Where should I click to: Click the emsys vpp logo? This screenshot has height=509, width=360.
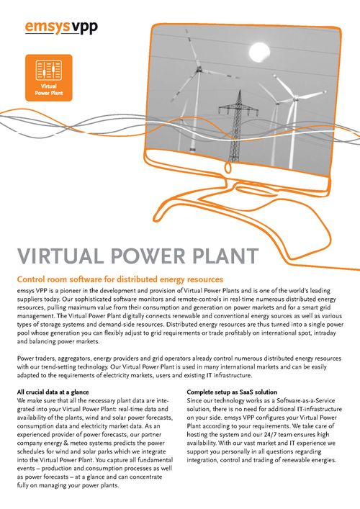tap(61, 27)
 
